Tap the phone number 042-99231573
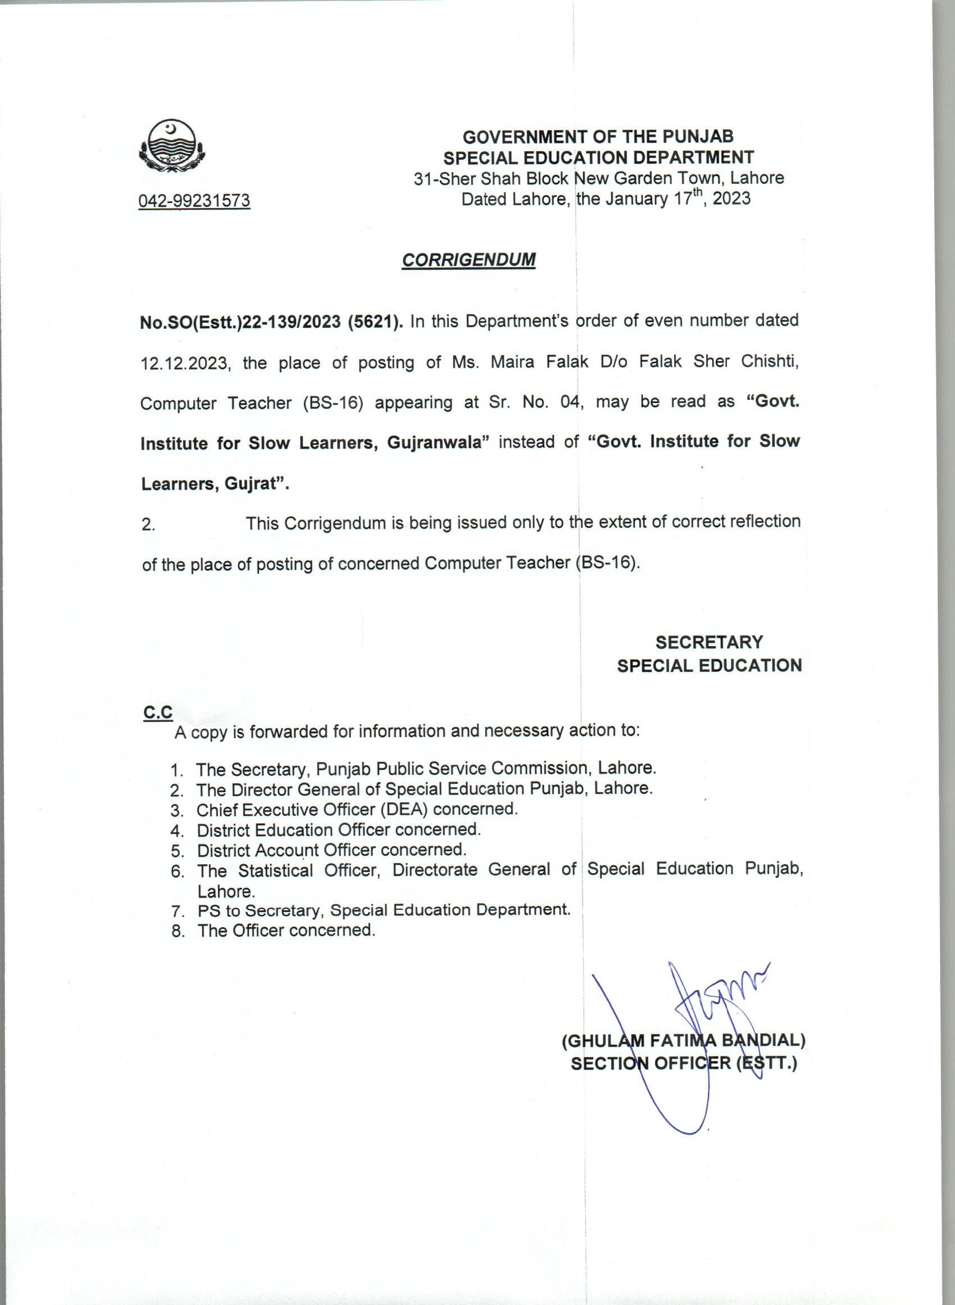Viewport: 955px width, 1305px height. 194,201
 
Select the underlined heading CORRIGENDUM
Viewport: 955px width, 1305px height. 469,260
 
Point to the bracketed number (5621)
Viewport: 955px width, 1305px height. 375,322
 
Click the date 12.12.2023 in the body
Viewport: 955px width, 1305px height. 185,364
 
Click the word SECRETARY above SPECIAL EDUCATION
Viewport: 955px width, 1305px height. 709,642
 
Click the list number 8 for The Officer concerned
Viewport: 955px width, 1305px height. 178,931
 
